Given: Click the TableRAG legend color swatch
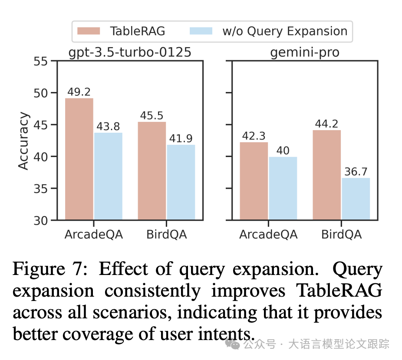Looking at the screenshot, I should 89,31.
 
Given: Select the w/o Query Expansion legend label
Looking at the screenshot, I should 285,31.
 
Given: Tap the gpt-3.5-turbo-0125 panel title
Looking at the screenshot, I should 130,53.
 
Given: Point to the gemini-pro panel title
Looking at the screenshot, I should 305,53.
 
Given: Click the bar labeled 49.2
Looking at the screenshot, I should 79,159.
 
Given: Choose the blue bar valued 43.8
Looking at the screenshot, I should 108,176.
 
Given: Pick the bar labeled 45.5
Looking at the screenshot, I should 152,171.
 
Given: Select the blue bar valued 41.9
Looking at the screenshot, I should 181,182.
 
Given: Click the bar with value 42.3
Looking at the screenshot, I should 254,181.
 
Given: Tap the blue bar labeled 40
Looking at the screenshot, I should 283,188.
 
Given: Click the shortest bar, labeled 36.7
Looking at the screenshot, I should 356,199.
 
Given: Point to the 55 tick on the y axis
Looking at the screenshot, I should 43,61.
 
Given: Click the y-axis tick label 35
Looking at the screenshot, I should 43,189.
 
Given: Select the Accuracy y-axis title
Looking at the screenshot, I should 24,141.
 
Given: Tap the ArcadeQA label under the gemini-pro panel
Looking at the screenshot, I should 268,235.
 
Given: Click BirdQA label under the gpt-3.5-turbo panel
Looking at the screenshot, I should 166,235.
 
